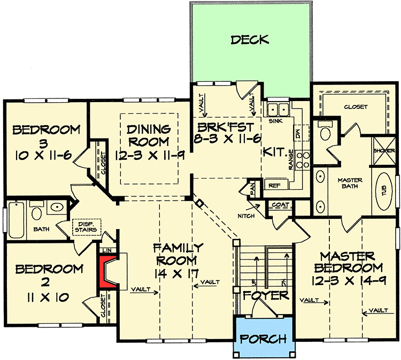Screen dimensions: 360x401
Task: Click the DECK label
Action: pos(250,40)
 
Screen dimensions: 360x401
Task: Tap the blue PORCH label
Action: pos(263,339)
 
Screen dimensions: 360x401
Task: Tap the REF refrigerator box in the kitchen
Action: pos(274,186)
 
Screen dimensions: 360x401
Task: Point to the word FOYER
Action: pos(265,295)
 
